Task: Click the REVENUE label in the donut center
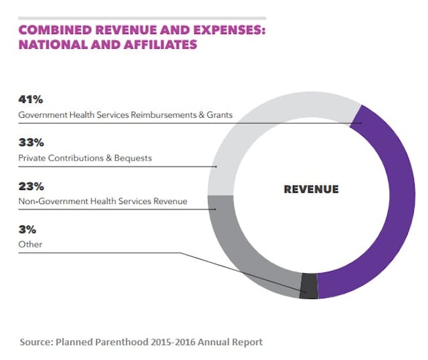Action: point(311,189)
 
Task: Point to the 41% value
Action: point(31,100)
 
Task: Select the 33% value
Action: point(31,143)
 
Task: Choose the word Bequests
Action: point(134,158)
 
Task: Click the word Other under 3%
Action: point(30,244)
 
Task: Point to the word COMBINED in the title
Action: point(53,31)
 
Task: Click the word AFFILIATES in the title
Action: point(160,46)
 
